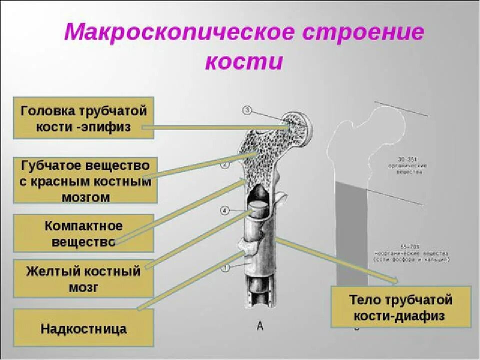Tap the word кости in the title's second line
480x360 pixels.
point(244,61)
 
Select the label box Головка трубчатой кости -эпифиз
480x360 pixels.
point(83,118)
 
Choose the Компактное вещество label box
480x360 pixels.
point(83,233)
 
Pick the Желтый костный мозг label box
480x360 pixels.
point(83,278)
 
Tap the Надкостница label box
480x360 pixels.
point(83,328)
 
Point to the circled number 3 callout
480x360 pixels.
point(247,110)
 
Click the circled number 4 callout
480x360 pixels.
point(225,210)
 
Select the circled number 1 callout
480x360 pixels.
point(225,268)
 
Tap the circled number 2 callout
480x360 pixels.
point(225,164)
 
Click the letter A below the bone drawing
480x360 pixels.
point(260,326)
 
